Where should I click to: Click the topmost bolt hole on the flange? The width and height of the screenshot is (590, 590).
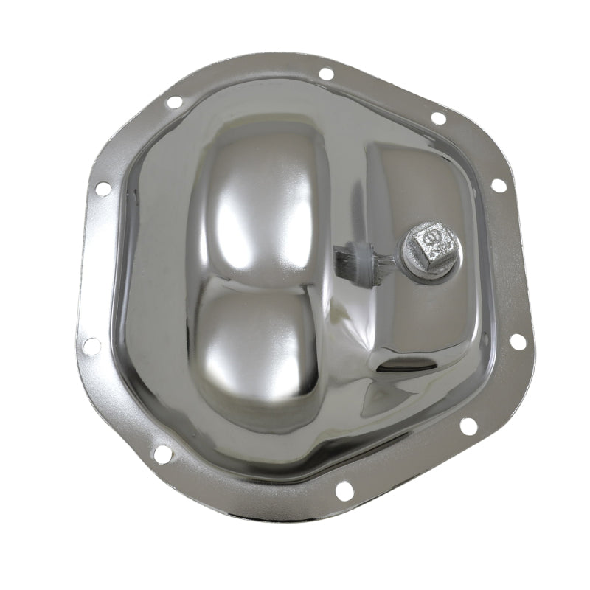click(x=325, y=74)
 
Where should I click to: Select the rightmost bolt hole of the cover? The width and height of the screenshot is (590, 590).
click(x=518, y=341)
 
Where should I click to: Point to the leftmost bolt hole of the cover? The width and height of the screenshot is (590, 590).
click(x=91, y=344)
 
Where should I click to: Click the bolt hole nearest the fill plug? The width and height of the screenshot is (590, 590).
click(x=499, y=185)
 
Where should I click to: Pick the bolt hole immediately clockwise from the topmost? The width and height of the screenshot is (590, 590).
click(x=438, y=117)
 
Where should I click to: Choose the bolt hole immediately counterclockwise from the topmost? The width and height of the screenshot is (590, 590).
click(x=175, y=102)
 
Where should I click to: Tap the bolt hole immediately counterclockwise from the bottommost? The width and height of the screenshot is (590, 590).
click(x=467, y=425)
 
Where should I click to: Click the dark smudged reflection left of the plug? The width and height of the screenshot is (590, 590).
click(x=358, y=262)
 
